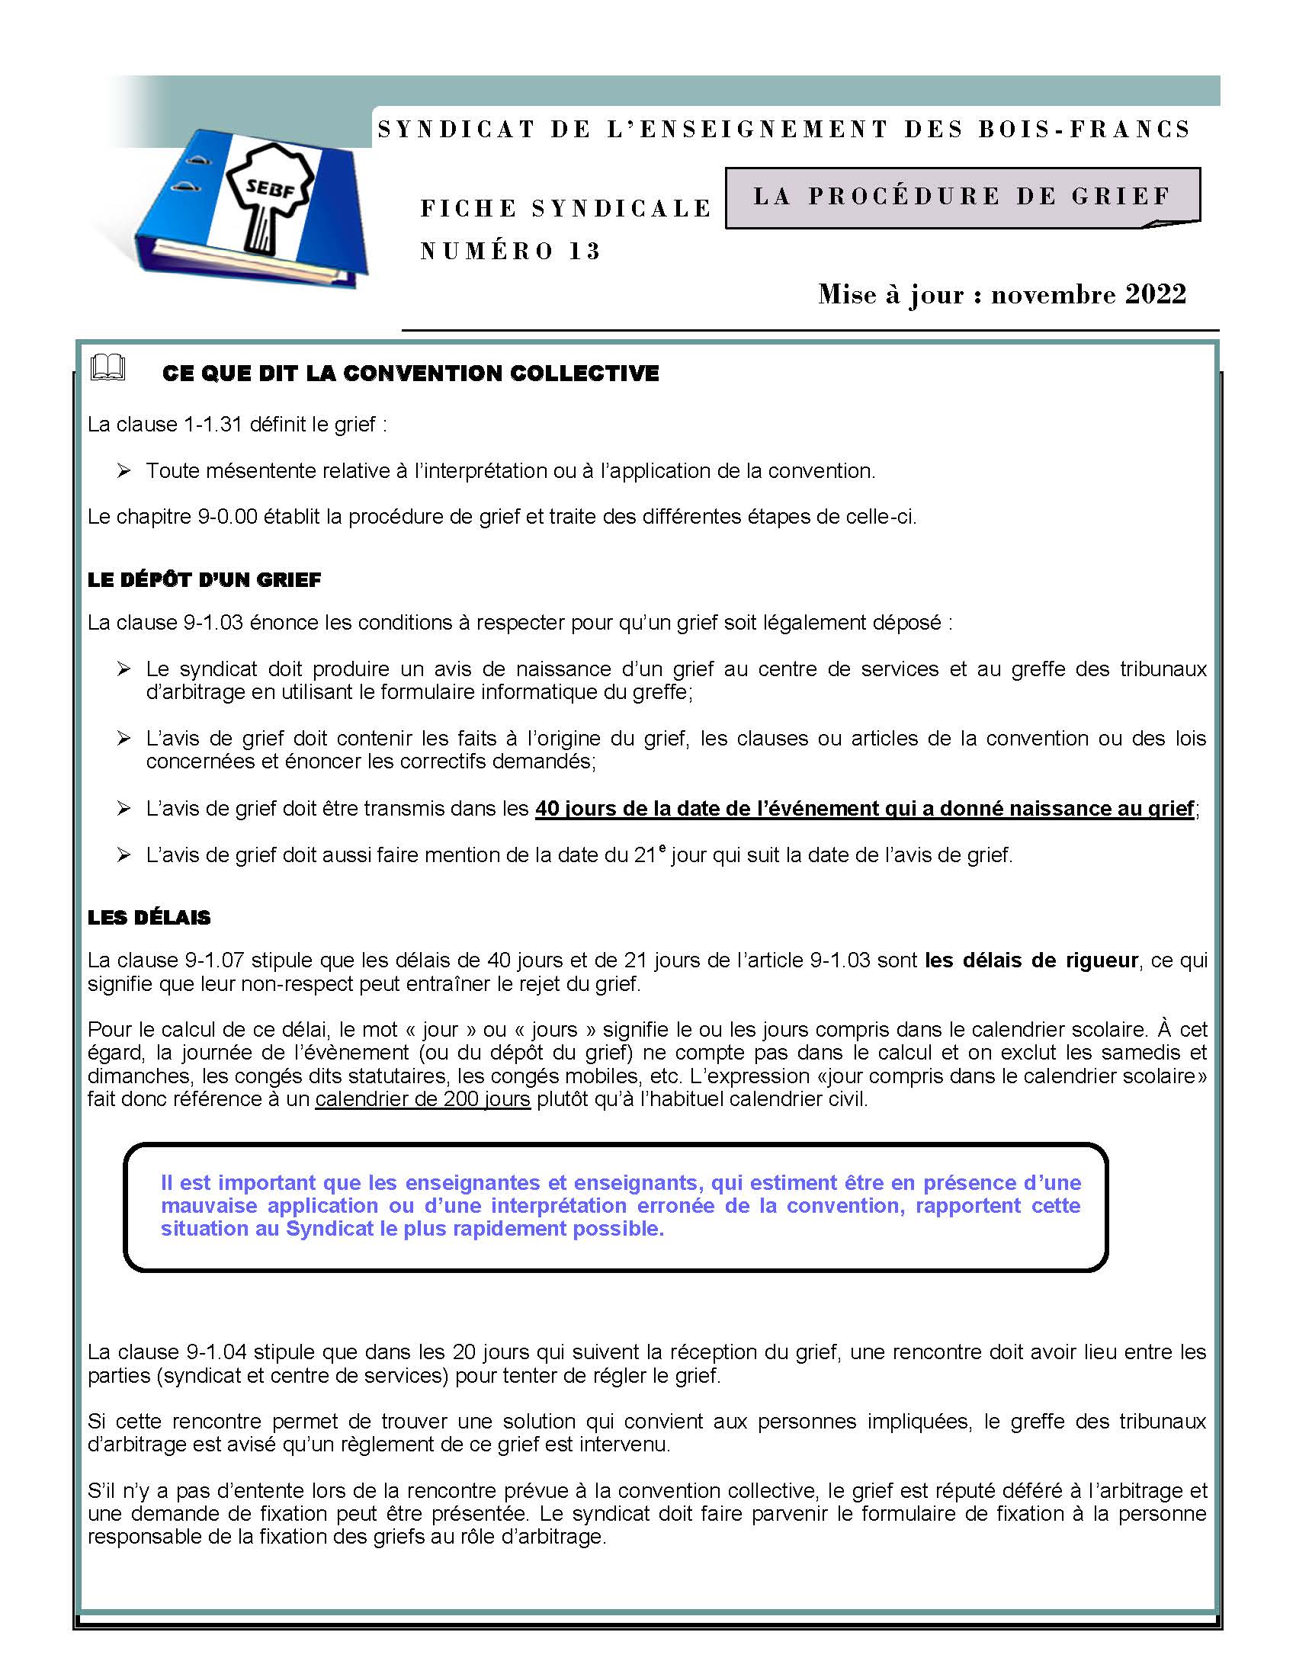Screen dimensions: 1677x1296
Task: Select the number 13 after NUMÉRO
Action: point(584,251)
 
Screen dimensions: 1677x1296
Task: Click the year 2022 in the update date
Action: point(1156,294)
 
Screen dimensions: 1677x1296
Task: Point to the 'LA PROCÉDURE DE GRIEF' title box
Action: point(961,197)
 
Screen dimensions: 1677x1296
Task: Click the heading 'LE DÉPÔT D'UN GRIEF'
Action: point(204,580)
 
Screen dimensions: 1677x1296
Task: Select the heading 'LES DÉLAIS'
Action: point(149,917)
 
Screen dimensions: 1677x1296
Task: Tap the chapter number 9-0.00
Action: point(227,516)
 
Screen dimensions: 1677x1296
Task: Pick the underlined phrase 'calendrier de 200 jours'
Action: point(422,1098)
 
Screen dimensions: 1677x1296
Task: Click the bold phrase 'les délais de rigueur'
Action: point(1031,960)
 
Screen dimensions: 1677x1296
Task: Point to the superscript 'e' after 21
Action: point(662,847)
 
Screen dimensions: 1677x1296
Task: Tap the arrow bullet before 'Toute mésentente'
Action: point(124,470)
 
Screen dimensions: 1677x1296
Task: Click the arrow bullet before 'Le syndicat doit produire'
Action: point(124,669)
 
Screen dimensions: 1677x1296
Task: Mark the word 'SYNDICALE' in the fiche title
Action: point(622,208)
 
